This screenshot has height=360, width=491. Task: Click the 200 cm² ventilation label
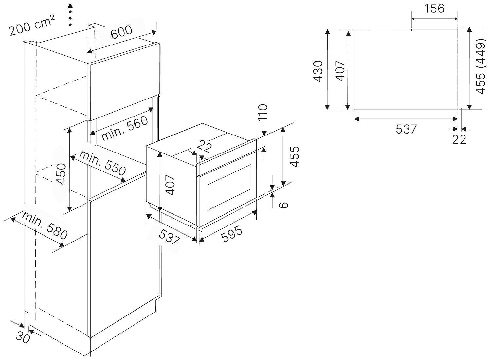point(32,25)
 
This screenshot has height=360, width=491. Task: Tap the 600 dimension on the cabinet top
point(121,32)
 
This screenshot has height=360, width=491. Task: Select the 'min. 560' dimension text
point(124,129)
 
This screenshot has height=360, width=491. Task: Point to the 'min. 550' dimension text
point(102,163)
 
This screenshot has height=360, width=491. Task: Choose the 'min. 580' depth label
point(45,225)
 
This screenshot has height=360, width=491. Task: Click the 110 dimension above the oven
point(263,112)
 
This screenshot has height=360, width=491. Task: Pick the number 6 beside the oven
point(283,205)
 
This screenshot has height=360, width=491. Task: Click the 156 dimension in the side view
point(434,9)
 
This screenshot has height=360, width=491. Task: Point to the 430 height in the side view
point(318,71)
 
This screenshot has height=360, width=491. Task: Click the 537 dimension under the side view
point(406,129)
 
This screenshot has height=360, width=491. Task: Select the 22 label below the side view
point(459,139)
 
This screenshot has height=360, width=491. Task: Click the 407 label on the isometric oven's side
point(170,185)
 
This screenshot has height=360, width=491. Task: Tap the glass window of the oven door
point(229,187)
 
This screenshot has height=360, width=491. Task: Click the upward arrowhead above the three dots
point(70,6)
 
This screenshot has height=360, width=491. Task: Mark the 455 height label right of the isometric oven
point(294,157)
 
